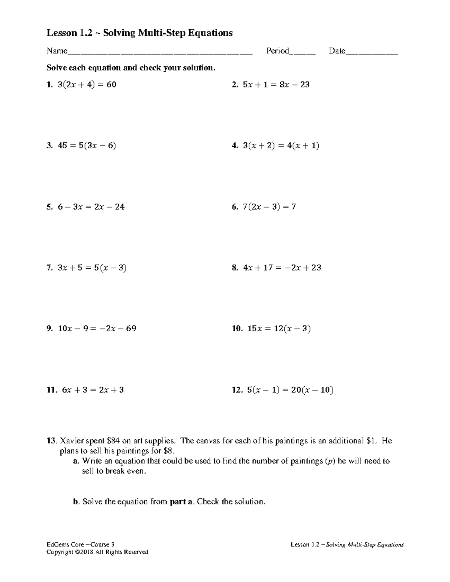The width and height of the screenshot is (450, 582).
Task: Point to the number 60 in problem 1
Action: point(111,85)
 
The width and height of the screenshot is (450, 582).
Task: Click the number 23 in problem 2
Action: point(304,85)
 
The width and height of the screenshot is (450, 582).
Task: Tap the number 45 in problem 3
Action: point(62,146)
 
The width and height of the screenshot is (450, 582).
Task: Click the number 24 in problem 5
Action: point(120,207)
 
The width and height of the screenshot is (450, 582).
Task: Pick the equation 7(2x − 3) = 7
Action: point(269,207)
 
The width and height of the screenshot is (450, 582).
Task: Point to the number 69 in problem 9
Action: point(131,329)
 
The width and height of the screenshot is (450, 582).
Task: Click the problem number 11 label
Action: point(51,390)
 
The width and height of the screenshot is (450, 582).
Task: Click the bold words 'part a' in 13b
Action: point(181,502)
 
